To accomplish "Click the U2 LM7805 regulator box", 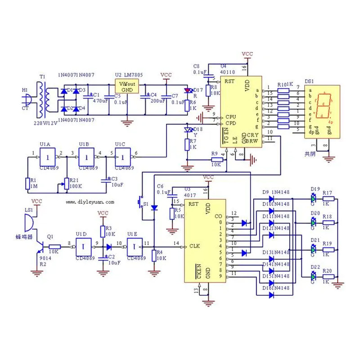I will pos(126,86).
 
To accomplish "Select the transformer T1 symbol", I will pos(43,100).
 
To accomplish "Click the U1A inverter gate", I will pos(47,157).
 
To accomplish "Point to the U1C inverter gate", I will pos(121,157).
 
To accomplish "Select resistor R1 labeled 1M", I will pos(27,183).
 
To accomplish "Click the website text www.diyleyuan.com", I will pos(90,202).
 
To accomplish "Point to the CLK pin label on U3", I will pos(194,246).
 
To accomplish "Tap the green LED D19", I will pos(314,198).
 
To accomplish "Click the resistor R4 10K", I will pos(154,256).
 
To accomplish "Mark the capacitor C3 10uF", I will pos(107,179).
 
